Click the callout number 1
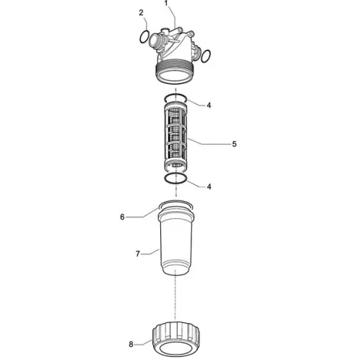166,3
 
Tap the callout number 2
141,13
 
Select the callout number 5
234,144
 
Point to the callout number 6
122,217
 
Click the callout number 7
138,254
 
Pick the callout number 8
131,344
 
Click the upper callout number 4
209,105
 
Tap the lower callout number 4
209,187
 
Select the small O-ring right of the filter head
206,56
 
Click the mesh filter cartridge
175,135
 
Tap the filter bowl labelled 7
175,241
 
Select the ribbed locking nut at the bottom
176,339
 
